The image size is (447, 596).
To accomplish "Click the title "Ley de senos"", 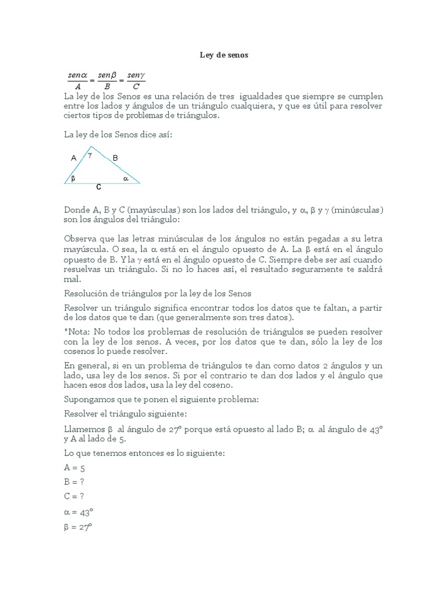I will tap(223, 55).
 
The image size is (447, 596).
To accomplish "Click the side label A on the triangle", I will tap(73, 158).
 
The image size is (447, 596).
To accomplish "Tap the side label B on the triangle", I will tap(115, 158).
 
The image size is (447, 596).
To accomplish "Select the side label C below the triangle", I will tap(99, 187).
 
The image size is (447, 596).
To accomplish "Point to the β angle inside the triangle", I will tap(73, 179).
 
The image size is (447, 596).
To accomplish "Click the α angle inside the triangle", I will tap(125, 179).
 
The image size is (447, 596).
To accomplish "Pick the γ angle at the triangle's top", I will tap(90, 154).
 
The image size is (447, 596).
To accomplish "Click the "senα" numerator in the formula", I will tap(77, 76).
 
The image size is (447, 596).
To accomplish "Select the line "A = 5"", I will tap(74, 467).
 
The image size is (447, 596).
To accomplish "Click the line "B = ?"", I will tap(74, 482).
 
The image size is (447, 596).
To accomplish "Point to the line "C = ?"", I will tap(74, 496).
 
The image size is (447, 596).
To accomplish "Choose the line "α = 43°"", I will tap(79, 512).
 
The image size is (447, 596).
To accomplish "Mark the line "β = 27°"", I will tap(78, 527).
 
